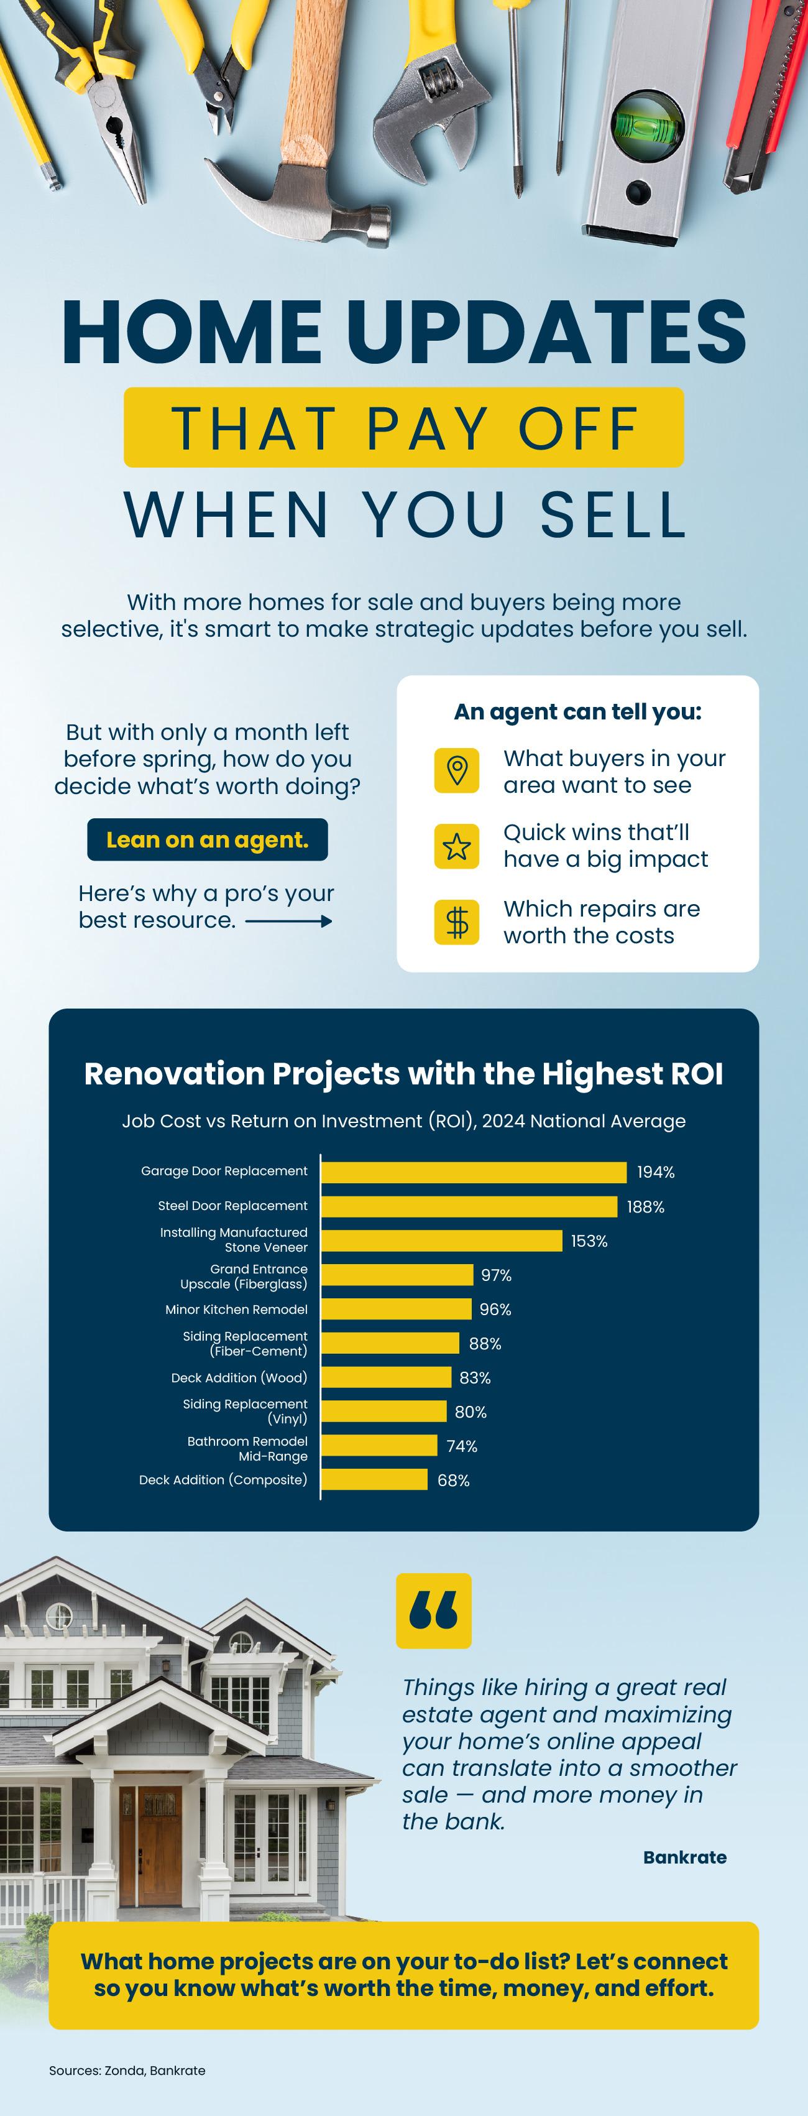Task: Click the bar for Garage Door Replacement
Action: pyautogui.click(x=473, y=1172)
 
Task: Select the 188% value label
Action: pyautogui.click(x=645, y=1207)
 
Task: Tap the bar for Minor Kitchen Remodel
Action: pyautogui.click(x=396, y=1310)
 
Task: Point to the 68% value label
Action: pyautogui.click(x=453, y=1481)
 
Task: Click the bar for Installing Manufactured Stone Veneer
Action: pyautogui.click(x=441, y=1241)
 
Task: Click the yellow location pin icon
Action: pyautogui.click(x=457, y=770)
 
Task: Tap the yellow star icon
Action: pyautogui.click(x=457, y=846)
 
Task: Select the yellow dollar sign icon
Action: pyautogui.click(x=457, y=922)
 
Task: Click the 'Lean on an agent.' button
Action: pyautogui.click(x=207, y=839)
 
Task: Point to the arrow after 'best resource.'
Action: pyautogui.click(x=288, y=922)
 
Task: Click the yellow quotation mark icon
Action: pyautogui.click(x=434, y=1611)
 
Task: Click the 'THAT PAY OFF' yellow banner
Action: pyautogui.click(x=403, y=427)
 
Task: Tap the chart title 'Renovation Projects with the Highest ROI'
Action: pyautogui.click(x=403, y=1074)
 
